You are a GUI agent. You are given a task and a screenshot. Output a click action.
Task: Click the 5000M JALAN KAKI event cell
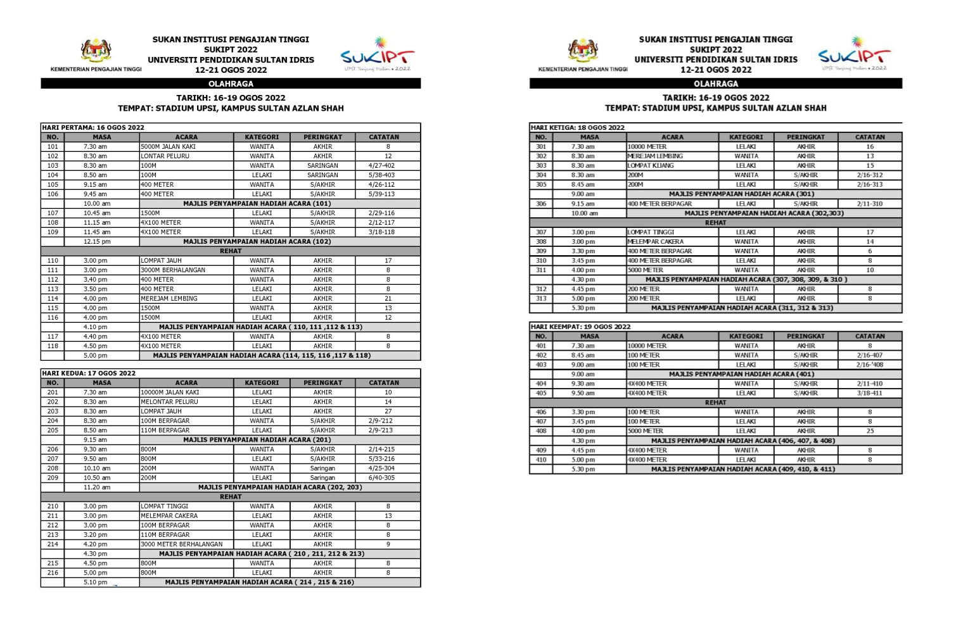[x=186, y=146]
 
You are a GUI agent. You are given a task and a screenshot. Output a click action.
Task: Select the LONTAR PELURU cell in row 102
[x=186, y=156]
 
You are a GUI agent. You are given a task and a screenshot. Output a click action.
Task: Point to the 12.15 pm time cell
[x=96, y=241]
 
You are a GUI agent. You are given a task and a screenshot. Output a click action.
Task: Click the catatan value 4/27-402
[x=381, y=165]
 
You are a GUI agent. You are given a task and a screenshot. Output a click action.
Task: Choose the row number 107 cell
[x=53, y=213]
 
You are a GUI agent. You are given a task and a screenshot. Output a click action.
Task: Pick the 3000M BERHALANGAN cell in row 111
[x=186, y=270]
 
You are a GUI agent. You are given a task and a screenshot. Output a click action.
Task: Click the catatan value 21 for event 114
[x=388, y=298]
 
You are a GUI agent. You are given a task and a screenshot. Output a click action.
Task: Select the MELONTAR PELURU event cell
[x=186, y=401]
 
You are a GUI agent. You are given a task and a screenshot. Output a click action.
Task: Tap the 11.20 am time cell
[x=96, y=487]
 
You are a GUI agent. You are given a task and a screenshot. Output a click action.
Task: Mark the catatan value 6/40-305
[x=381, y=477]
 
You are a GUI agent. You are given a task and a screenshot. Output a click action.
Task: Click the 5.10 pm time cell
[x=96, y=582]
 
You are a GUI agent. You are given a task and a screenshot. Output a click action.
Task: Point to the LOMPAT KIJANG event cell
[x=672, y=165]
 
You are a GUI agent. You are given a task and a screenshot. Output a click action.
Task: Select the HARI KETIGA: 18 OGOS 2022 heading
[x=578, y=127]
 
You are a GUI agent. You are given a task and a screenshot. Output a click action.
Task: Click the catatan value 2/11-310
[x=869, y=203]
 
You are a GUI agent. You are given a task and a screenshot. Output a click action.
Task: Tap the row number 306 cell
[x=540, y=203]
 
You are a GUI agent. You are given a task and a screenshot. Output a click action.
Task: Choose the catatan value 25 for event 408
[x=870, y=430]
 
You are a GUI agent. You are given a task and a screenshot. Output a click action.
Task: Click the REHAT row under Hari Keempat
[x=715, y=402]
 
